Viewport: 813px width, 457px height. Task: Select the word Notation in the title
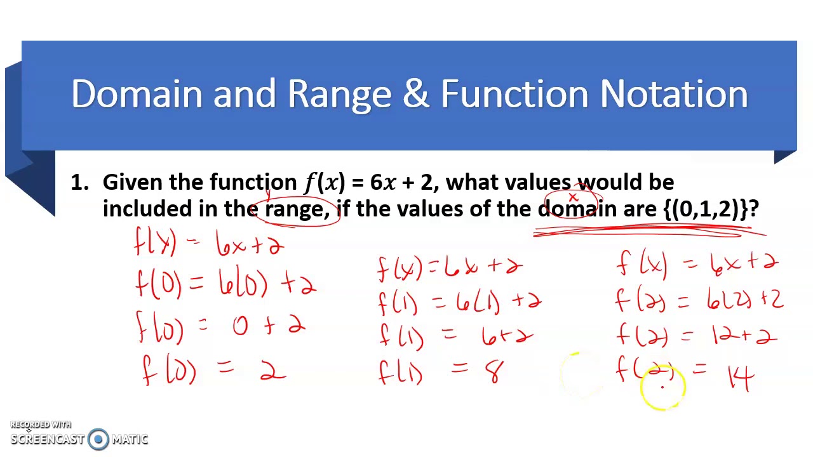point(674,94)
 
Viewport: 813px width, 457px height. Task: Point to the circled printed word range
point(293,209)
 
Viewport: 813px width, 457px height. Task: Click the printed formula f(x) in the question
point(325,183)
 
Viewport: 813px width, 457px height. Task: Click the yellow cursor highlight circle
point(662,387)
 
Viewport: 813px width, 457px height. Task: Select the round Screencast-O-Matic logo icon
point(98,439)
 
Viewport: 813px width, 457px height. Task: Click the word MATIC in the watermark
point(130,439)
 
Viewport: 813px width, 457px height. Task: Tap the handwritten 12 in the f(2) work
point(723,334)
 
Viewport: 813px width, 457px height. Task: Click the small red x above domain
point(573,198)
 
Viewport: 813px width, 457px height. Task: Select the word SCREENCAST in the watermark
point(48,439)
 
